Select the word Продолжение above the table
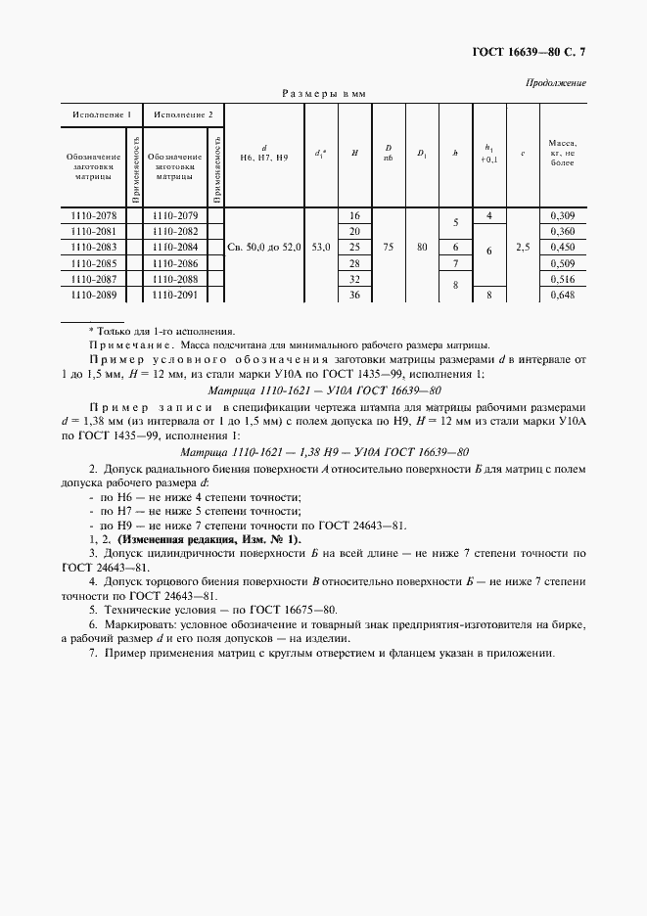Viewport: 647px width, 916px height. coord(557,82)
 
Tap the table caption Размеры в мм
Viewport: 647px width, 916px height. coord(323,94)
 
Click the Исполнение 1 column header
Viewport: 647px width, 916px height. coord(102,114)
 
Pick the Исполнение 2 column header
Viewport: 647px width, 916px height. coord(183,114)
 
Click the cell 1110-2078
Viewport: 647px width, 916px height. coord(94,214)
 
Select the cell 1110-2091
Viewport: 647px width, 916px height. coord(175,295)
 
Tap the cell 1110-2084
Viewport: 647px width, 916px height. coord(175,247)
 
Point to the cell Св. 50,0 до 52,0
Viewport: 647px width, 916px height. coord(264,248)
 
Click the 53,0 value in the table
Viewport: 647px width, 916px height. coord(321,248)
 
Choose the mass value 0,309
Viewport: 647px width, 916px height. coord(562,214)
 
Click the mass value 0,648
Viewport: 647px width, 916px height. coord(562,295)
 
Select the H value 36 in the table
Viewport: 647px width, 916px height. coord(354,295)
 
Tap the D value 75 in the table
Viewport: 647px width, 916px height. coord(389,248)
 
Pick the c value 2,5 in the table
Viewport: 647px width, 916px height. coord(523,248)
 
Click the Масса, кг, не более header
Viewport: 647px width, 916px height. coord(562,153)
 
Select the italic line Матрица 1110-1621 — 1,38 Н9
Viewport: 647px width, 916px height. coord(325,451)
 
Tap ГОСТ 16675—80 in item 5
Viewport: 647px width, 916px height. coord(294,608)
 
